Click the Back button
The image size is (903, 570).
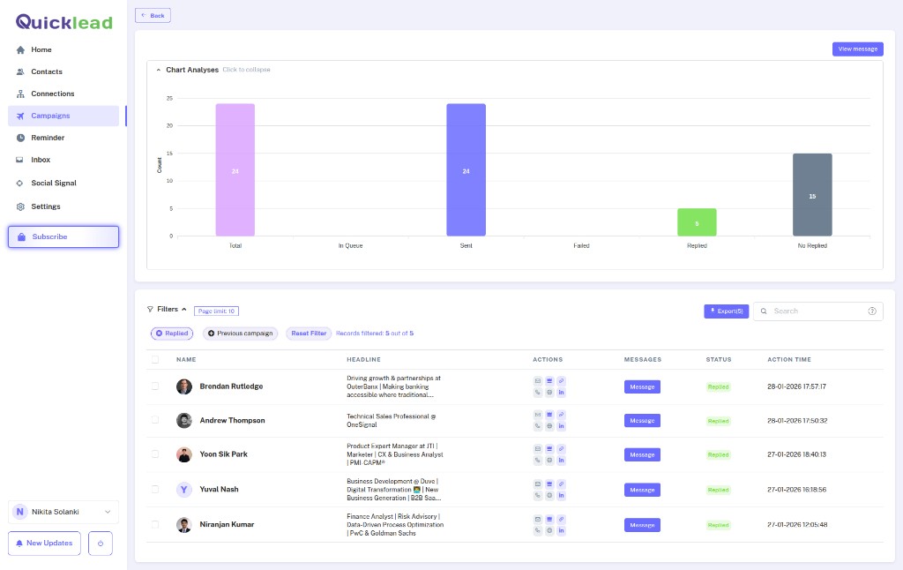pos(153,15)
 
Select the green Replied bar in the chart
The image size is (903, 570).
pos(697,222)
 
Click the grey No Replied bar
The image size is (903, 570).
pos(812,195)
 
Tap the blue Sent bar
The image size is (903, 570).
pos(466,170)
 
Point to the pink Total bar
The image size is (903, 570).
pos(235,170)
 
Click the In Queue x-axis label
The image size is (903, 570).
pos(350,245)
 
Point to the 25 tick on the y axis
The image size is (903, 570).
pos(169,99)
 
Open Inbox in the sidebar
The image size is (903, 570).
pos(41,160)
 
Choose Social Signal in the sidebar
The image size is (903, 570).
pos(53,183)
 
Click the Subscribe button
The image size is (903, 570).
pos(63,236)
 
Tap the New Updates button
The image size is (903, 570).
pos(45,543)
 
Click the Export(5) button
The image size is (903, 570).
pos(726,311)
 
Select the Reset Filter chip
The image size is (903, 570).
pos(309,334)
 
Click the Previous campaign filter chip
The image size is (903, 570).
pos(241,334)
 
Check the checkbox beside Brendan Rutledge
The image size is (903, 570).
pos(155,386)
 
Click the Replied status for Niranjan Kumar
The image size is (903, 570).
pos(719,525)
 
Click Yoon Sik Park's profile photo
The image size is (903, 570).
pos(184,454)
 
